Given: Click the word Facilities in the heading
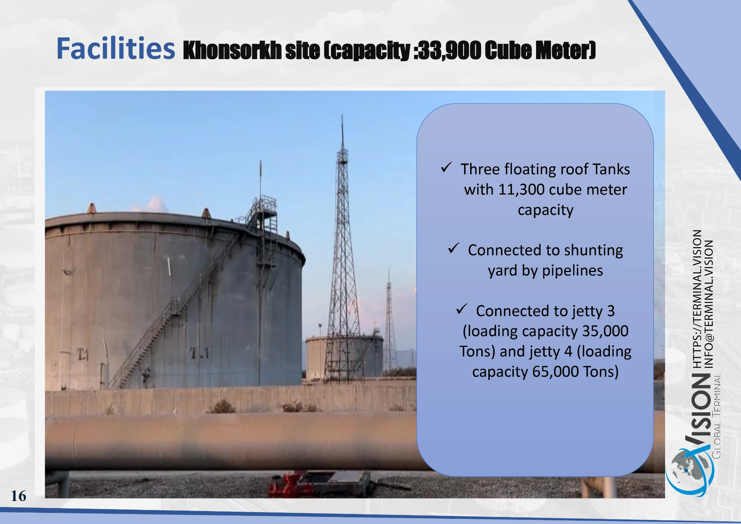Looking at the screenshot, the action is pyautogui.click(x=116, y=48).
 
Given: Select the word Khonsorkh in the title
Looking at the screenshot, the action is pyautogui.click(x=232, y=50).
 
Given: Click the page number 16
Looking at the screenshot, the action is pyautogui.click(x=19, y=496).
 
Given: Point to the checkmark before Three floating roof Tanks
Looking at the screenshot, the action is pyautogui.click(x=446, y=167).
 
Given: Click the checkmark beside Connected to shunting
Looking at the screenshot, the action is pyautogui.click(x=453, y=248).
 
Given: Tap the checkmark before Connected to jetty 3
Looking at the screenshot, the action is pyautogui.click(x=462, y=309).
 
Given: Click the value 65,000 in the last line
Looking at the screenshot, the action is pyautogui.click(x=555, y=372).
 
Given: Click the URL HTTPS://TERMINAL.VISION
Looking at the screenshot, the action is pyautogui.click(x=697, y=299).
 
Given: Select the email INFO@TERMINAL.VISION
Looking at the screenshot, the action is pyautogui.click(x=708, y=304).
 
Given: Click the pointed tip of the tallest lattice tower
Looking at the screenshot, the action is pyautogui.click(x=342, y=115).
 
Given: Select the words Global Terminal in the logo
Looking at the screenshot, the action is pyautogui.click(x=717, y=416).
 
